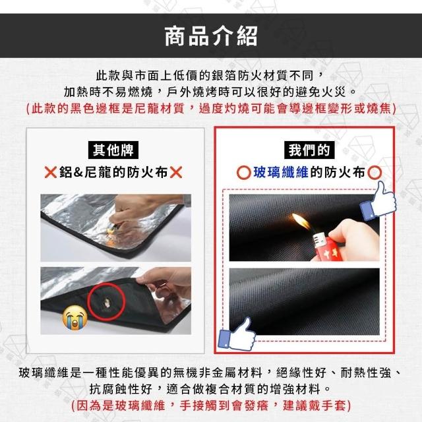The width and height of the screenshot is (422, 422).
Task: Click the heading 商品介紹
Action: tap(211, 36)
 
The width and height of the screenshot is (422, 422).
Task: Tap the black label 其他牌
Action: tap(113, 150)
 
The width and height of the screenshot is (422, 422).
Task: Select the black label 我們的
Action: tap(309, 150)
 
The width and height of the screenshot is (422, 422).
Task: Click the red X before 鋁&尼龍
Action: tap(50, 172)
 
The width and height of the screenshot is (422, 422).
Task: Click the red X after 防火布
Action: tap(176, 172)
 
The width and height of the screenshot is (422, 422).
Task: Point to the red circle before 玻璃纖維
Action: tap(244, 173)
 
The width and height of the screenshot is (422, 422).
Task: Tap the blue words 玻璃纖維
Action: tap(281, 172)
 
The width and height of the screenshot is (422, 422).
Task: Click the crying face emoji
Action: tap(75, 317)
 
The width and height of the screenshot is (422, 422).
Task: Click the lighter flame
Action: tap(301, 221)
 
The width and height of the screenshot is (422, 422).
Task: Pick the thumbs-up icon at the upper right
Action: tap(378, 200)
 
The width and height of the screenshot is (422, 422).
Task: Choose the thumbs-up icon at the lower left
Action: tap(237, 334)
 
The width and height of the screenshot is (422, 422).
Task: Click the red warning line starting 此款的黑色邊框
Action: tap(211, 108)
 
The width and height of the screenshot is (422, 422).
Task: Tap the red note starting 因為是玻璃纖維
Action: tap(211, 406)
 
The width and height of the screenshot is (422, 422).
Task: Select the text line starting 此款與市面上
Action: tap(211, 76)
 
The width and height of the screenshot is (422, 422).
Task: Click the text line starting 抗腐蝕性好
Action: tap(211, 389)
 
